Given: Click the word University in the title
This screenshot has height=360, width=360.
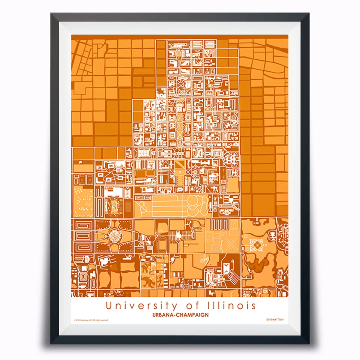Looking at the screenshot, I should pos(141,306).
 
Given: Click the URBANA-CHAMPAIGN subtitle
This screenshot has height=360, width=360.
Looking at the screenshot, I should pos(180,315).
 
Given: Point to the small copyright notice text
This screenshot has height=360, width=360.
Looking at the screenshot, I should pos(91,320).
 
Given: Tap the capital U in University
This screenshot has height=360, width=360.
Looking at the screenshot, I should pos(109,306).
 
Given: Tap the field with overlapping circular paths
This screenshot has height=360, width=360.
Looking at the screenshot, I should pos(197,205).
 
